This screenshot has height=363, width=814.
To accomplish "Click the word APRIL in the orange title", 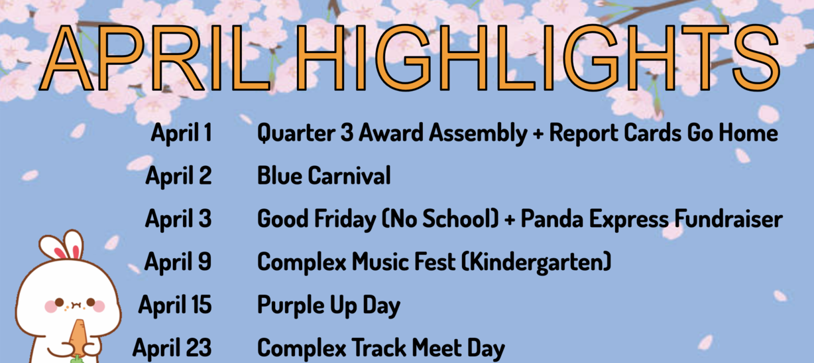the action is (x=155, y=58).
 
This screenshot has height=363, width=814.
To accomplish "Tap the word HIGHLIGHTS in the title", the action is (x=538, y=58).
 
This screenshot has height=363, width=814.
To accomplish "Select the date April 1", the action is (x=182, y=133).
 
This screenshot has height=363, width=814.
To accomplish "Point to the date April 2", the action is (x=178, y=176).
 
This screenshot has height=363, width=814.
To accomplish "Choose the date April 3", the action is (x=178, y=219).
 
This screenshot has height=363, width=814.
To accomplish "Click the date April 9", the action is (x=178, y=262).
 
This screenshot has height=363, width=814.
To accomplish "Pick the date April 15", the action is (x=175, y=305).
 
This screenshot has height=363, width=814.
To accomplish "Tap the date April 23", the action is (x=172, y=348).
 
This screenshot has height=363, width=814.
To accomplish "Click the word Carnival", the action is (x=349, y=176).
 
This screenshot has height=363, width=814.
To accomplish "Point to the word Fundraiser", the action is (x=728, y=218).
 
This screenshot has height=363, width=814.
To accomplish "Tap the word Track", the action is (x=379, y=348).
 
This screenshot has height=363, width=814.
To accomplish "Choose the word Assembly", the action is (x=478, y=133).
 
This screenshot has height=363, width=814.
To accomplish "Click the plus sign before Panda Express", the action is (x=510, y=220).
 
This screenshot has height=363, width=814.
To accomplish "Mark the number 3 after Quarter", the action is (x=347, y=133).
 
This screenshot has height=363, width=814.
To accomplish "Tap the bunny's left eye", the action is (x=59, y=302).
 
